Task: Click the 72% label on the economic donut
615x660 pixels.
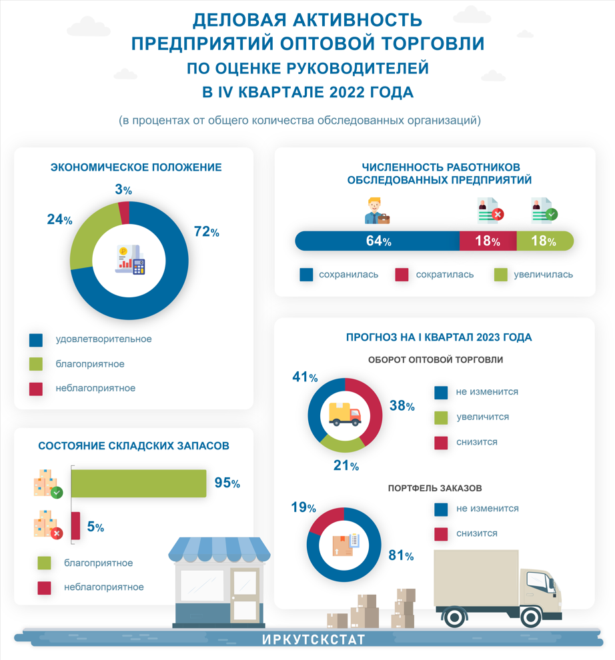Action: [206, 232]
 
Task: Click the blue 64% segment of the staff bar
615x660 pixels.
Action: [378, 241]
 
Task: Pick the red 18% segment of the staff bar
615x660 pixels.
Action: [488, 241]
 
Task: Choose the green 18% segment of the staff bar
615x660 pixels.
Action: [544, 241]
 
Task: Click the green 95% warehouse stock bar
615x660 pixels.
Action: [138, 483]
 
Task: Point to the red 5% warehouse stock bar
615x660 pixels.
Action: [75, 526]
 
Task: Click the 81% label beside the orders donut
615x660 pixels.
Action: [401, 555]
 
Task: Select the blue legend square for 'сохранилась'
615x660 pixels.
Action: [306, 275]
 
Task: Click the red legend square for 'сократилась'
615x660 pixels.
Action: [402, 275]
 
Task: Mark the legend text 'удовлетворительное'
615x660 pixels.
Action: [103, 339]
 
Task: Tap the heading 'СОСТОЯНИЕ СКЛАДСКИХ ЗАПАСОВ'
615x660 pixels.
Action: [133, 446]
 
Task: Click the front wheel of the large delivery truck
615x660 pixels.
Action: [532, 616]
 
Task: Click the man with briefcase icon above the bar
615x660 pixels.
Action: [377, 210]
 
